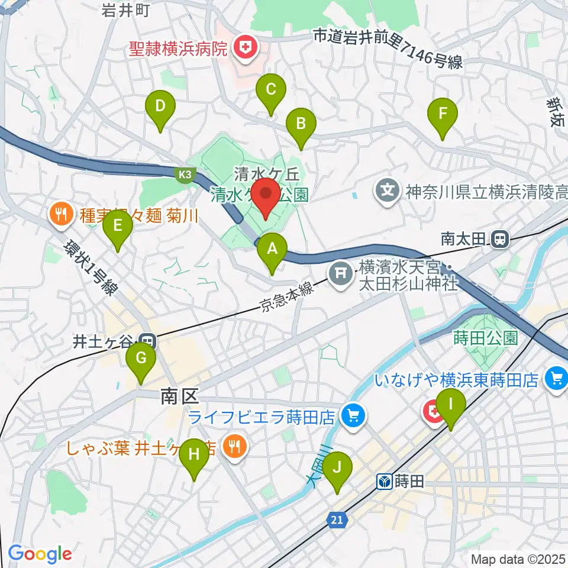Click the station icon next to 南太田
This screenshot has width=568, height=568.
tap(501, 239)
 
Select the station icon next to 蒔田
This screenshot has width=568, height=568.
tap(385, 482)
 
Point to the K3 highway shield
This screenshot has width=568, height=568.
tap(184, 174)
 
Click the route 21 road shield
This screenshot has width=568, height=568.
tap(337, 519)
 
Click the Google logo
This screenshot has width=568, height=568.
tap(40, 553)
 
